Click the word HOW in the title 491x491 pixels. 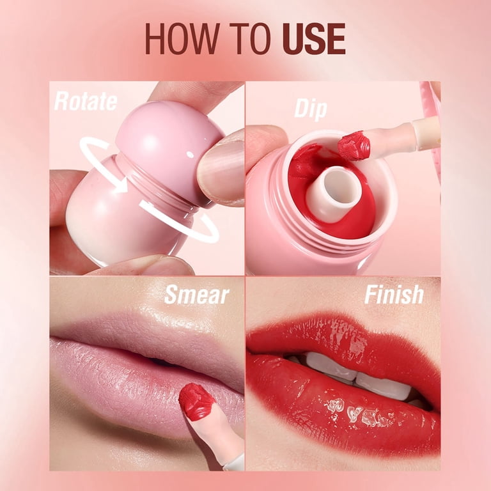[x=182, y=38]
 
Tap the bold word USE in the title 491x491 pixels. [x=314, y=38]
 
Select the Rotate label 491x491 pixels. [x=86, y=101]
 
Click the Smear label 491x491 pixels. [x=197, y=295]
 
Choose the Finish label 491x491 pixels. [x=394, y=294]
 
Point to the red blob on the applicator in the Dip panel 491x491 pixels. [x=354, y=146]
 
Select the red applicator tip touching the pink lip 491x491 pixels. [x=197, y=401]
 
